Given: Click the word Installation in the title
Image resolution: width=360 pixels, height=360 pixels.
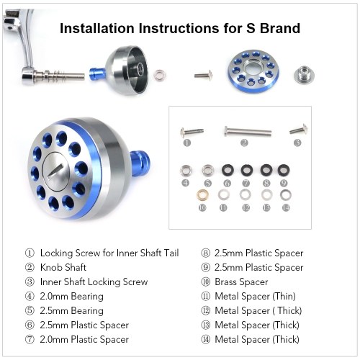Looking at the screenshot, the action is (x=97, y=28).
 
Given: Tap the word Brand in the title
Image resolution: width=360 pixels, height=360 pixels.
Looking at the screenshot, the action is (x=280, y=28).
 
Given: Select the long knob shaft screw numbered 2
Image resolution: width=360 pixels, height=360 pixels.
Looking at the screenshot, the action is (x=248, y=131).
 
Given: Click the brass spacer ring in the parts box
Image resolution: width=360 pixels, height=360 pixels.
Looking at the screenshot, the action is (x=202, y=195).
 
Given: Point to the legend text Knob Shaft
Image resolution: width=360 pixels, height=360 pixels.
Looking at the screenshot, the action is (x=63, y=267).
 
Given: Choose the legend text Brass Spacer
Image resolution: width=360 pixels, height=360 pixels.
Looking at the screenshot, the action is (x=241, y=282).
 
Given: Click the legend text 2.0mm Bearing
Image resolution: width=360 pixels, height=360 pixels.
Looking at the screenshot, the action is (x=72, y=297).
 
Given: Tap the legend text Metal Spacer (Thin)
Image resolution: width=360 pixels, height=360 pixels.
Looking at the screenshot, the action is (x=255, y=297).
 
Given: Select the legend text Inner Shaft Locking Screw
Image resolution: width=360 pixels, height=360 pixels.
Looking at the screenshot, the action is (x=94, y=282).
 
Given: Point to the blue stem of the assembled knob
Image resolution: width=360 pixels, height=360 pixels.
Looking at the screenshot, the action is (x=140, y=161).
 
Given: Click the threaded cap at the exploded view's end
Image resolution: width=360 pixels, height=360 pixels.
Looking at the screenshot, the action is (x=304, y=74).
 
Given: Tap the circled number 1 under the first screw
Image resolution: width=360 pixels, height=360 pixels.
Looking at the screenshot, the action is (x=187, y=143).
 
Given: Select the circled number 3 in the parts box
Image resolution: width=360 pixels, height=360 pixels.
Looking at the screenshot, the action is (x=297, y=143).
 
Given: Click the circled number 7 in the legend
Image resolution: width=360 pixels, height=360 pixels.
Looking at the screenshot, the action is (x=30, y=340).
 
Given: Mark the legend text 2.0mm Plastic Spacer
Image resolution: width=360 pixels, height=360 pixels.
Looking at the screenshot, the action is (x=84, y=340).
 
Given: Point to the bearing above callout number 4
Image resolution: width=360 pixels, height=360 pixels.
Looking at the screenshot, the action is (x=186, y=171).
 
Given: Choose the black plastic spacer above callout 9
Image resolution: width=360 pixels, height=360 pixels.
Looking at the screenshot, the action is (x=284, y=170).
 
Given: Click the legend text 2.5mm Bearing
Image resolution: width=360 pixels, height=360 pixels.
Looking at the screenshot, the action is (x=72, y=311).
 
